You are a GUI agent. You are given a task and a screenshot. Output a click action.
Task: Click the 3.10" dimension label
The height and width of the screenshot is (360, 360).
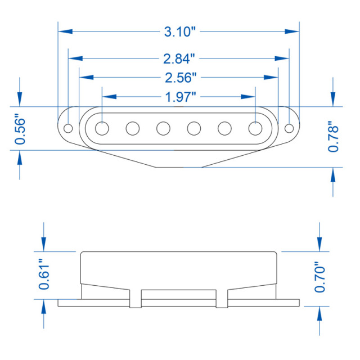pyautogui.click(x=179, y=31)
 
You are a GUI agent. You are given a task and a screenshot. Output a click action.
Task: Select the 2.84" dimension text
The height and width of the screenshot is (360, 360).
pyautogui.click(x=179, y=58)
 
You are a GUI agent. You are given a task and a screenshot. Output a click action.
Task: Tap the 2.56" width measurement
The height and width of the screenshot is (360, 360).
pyautogui.click(x=179, y=77)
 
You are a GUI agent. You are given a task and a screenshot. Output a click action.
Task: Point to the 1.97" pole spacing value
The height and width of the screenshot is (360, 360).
pyautogui.click(x=181, y=97)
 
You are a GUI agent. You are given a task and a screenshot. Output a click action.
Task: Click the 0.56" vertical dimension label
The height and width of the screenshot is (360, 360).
pyautogui.click(x=20, y=130)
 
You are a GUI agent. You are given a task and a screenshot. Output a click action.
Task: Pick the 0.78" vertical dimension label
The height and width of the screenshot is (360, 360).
pyautogui.click(x=334, y=136)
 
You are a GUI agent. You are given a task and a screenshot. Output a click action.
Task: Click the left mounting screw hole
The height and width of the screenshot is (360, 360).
pyautogui.click(x=69, y=128)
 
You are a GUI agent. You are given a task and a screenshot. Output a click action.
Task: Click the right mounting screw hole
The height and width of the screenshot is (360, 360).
pyautogui.click(x=290, y=128)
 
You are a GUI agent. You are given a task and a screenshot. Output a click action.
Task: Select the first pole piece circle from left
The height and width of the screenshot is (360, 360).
pyautogui.click(x=102, y=128)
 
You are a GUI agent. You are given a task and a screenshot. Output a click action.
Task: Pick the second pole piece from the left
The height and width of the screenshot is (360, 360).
pyautogui.click(x=133, y=128)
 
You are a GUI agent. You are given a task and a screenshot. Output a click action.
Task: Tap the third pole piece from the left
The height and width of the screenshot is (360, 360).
pyautogui.click(x=164, y=128)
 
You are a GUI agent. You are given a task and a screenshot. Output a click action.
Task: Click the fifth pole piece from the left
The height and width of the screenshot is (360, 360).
pyautogui.click(x=225, y=128)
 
